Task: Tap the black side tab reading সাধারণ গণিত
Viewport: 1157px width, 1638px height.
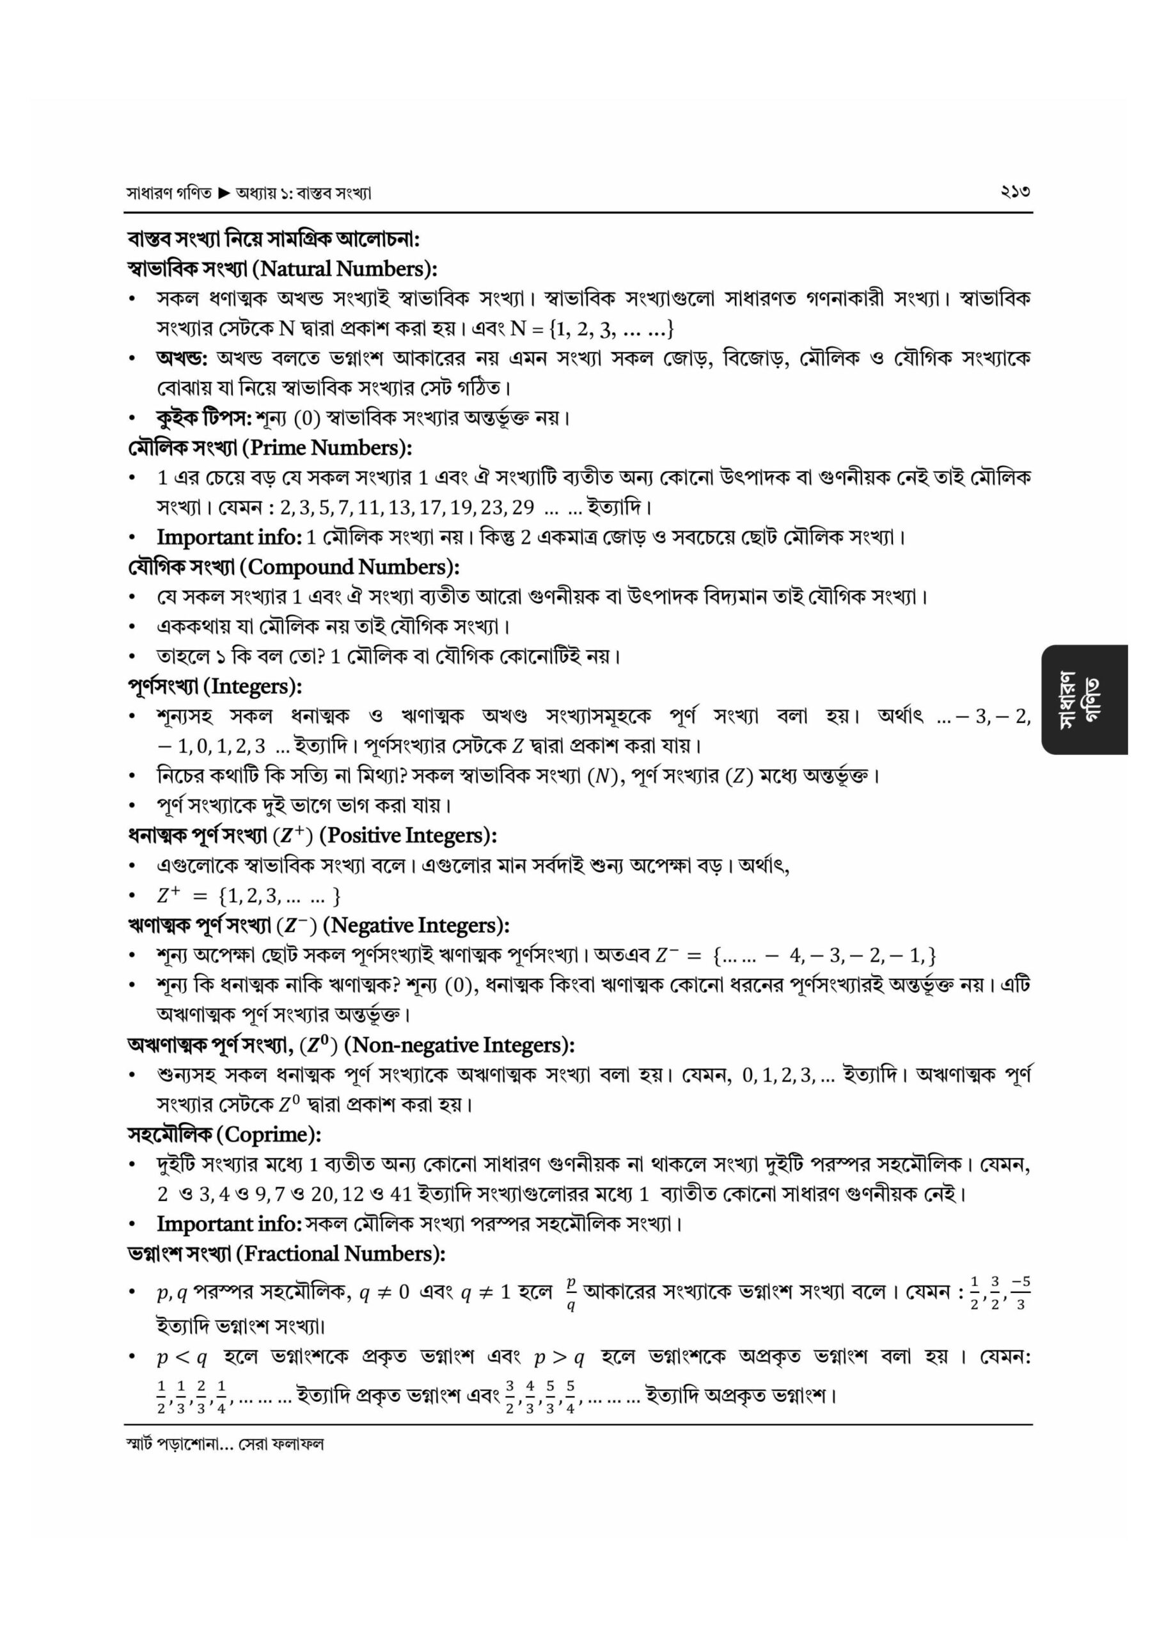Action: coord(1083,700)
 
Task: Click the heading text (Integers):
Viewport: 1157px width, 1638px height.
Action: coord(253,687)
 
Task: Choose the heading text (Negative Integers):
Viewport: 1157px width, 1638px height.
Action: coord(416,925)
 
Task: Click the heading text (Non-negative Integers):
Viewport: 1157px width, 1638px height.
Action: coord(459,1044)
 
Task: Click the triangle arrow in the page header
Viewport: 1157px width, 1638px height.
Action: coord(223,193)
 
